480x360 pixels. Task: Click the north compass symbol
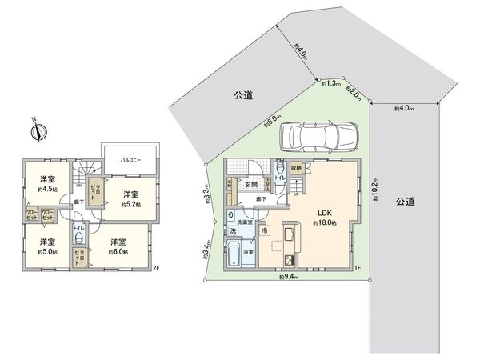38,130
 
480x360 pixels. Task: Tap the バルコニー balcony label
130,160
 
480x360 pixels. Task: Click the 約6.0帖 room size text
118,251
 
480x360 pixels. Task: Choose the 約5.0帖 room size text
46,251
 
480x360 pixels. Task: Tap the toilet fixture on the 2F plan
79,242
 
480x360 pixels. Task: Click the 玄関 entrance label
251,184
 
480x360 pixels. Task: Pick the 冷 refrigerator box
265,231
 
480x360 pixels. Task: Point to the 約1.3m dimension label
330,82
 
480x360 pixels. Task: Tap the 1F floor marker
359,268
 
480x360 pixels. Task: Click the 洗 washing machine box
231,231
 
